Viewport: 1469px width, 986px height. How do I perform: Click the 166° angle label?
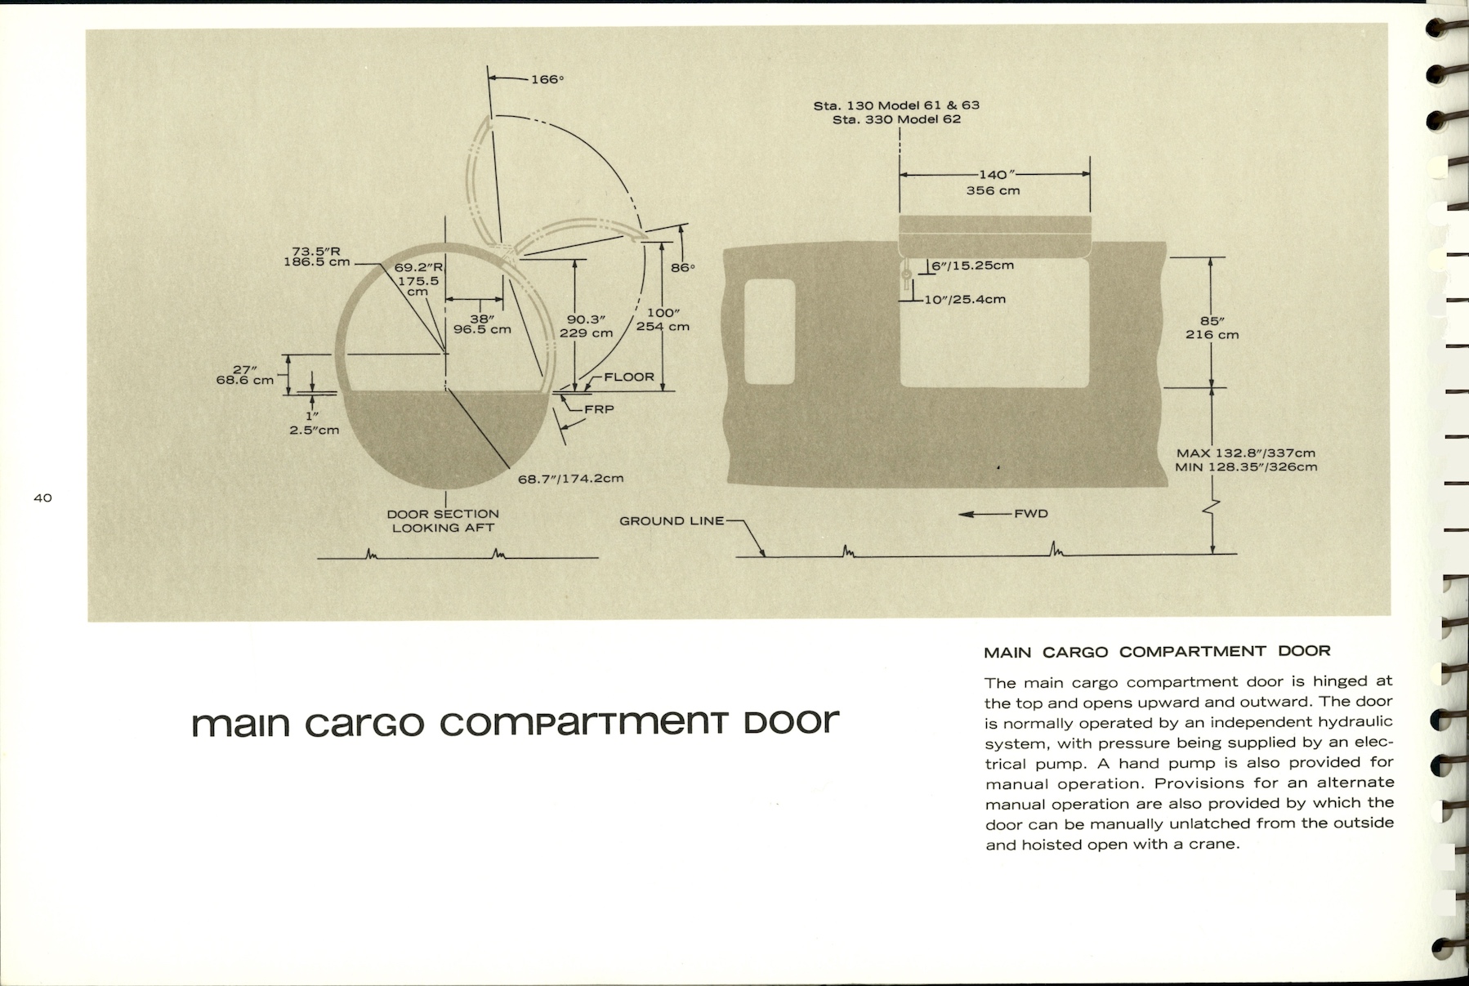[x=547, y=79]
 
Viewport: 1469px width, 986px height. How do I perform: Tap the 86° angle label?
[x=681, y=268]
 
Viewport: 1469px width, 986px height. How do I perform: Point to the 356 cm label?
[x=993, y=191]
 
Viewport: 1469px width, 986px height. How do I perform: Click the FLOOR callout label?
[x=629, y=377]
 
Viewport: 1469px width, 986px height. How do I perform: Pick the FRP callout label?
[x=599, y=408]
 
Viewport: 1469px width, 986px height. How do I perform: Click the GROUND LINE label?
[x=672, y=521]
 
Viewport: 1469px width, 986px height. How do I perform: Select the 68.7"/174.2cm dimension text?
[x=570, y=478]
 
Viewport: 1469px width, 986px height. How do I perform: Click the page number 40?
[x=43, y=497]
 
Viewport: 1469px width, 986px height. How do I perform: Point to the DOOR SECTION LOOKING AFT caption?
[x=443, y=520]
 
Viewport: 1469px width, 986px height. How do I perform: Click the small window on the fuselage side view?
[x=770, y=332]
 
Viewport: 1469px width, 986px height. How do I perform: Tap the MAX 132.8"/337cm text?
[x=1246, y=453]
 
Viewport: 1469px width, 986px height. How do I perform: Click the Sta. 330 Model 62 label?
[x=895, y=119]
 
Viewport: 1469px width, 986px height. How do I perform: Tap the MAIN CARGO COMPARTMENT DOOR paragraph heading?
[x=1157, y=651]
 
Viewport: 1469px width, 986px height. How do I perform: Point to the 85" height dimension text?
[x=1212, y=320]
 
